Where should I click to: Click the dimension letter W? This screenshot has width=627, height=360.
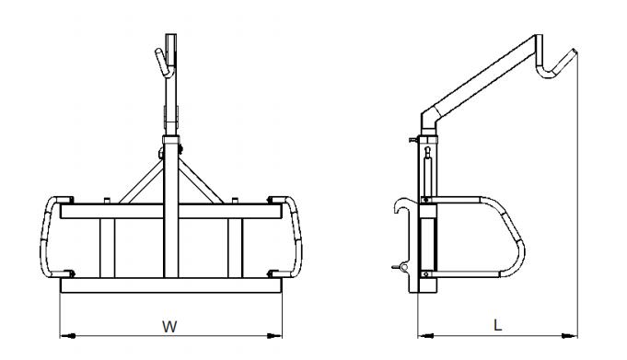coord(169,327)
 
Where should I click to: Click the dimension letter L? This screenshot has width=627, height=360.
coord(497,325)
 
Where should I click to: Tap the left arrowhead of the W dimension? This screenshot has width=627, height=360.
coord(67,336)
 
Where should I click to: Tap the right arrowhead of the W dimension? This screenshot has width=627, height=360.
coord(274,336)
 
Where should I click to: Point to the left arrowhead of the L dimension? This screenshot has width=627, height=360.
coord(425,336)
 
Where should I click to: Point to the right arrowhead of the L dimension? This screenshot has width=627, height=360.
coord(569,336)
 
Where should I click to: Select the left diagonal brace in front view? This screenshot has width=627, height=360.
coord(141,182)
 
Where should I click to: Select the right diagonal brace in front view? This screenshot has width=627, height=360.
coord(201,182)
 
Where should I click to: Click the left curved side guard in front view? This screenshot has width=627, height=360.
coord(45,236)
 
